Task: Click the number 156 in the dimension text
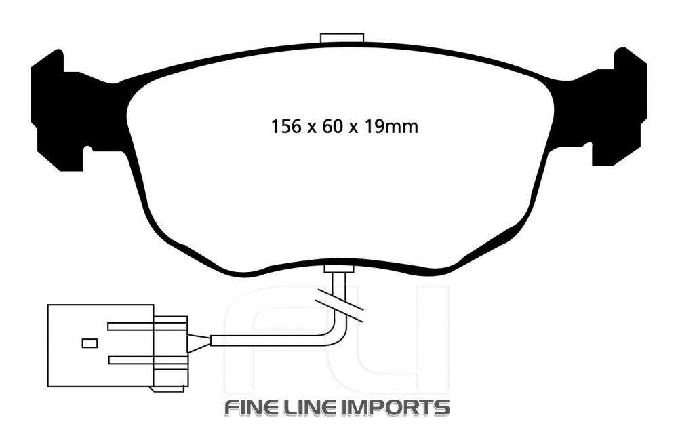click(x=285, y=126)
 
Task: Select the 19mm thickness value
click(x=391, y=126)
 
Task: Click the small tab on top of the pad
click(x=342, y=38)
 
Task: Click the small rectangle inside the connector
click(x=89, y=343)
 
